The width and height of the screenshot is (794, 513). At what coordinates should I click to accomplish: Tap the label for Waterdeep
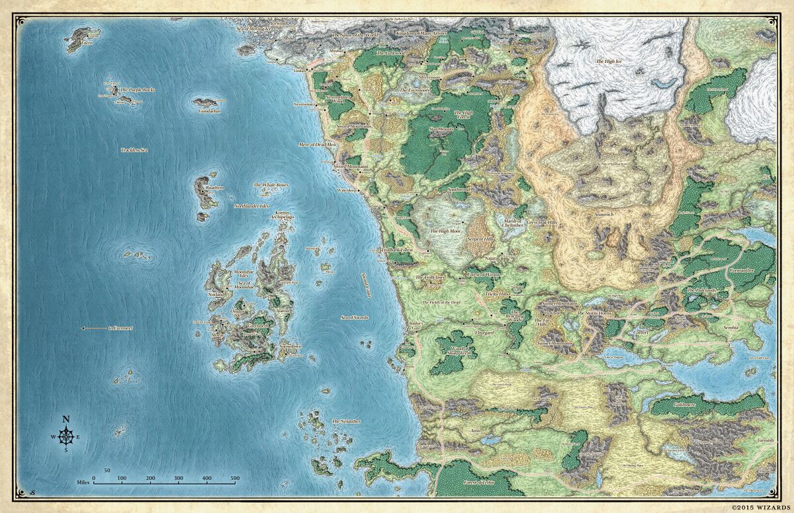tap(347, 190)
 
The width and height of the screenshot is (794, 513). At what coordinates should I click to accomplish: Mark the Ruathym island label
tap(215, 188)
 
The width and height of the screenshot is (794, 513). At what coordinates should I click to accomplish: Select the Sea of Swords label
tap(355, 318)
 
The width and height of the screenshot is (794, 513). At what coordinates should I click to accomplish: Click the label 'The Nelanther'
tap(345, 421)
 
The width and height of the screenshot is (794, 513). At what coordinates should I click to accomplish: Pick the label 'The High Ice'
tap(610, 61)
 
